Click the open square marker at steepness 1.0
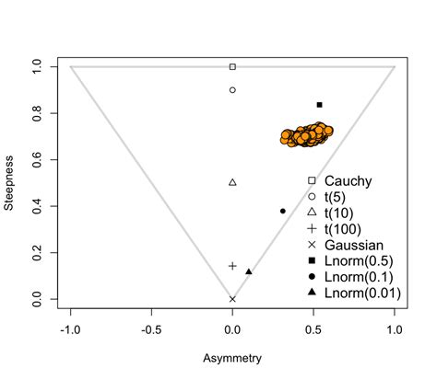232,66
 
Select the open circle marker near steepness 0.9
232,90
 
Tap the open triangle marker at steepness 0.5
232,182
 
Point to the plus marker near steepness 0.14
232,266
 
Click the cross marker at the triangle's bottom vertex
232,299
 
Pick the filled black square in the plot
319,105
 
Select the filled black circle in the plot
283,211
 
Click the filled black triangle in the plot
249,271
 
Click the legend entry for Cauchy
350,181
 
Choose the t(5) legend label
341,197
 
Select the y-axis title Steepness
10,182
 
